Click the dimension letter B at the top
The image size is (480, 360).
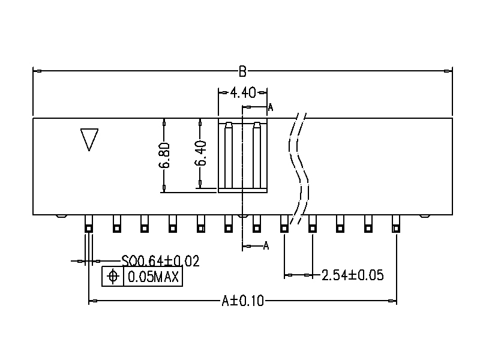pyautogui.click(x=242, y=71)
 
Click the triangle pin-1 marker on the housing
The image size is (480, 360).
pyautogui.click(x=89, y=139)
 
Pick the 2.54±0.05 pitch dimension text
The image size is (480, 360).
pyautogui.click(x=353, y=275)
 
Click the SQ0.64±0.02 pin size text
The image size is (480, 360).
pyautogui.click(x=160, y=261)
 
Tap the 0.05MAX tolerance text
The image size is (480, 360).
pyautogui.click(x=152, y=277)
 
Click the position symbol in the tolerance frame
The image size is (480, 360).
pyautogui.click(x=112, y=277)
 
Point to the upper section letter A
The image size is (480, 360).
pyautogui.click(x=270, y=108)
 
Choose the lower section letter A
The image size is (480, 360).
pyautogui.click(x=266, y=245)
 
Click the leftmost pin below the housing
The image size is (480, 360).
pyautogui.click(x=88, y=224)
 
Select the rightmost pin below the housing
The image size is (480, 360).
pyautogui.click(x=395, y=224)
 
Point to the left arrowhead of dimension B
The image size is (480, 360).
pyautogui.click(x=36, y=71)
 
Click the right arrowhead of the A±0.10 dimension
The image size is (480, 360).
pyautogui.click(x=392, y=301)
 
